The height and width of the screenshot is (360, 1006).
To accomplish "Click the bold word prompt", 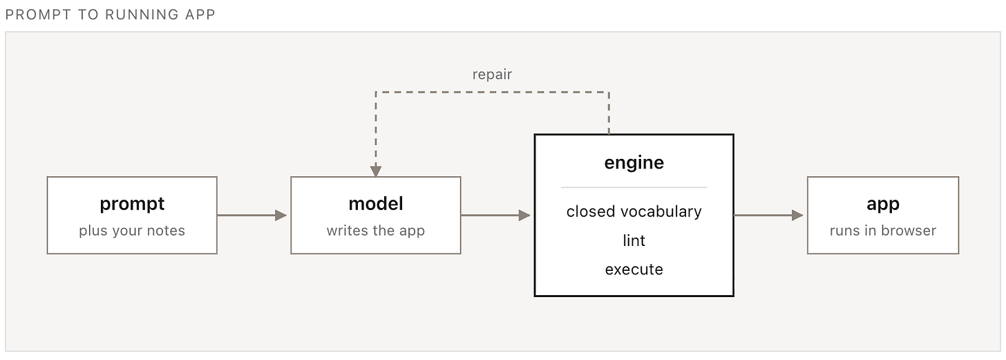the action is pyautogui.click(x=132, y=205).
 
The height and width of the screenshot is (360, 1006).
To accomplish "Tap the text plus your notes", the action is pyautogui.click(x=132, y=231).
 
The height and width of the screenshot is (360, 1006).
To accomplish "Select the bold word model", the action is pyautogui.click(x=376, y=204).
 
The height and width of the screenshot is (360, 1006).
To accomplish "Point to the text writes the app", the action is pyautogui.click(x=375, y=231).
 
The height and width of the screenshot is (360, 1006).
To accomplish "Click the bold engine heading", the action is pyautogui.click(x=634, y=163).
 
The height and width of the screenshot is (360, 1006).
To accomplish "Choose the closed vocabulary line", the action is pyautogui.click(x=634, y=211).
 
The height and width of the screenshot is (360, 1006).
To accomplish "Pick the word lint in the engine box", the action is pyautogui.click(x=634, y=240).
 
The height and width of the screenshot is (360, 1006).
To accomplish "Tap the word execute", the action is pyautogui.click(x=634, y=269).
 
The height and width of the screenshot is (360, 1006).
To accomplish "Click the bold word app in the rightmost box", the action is pyautogui.click(x=883, y=205).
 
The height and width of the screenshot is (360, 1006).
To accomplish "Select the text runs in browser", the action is pyautogui.click(x=883, y=231).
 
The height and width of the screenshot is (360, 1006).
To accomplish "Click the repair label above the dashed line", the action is pyautogui.click(x=492, y=75).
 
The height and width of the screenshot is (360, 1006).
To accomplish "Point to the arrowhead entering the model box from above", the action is pyautogui.click(x=376, y=171).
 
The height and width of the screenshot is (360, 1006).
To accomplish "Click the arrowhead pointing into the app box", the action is pyautogui.click(x=797, y=216).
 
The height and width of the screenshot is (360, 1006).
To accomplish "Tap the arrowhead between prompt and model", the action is pyautogui.click(x=281, y=216).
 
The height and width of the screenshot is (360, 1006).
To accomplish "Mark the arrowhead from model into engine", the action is pyautogui.click(x=524, y=216).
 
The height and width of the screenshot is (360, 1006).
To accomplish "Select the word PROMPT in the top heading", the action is pyautogui.click(x=38, y=15).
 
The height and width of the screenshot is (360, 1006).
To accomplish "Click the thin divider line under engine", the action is pyautogui.click(x=634, y=187).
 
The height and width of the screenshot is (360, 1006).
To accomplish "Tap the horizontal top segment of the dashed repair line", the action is pyautogui.click(x=492, y=92).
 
